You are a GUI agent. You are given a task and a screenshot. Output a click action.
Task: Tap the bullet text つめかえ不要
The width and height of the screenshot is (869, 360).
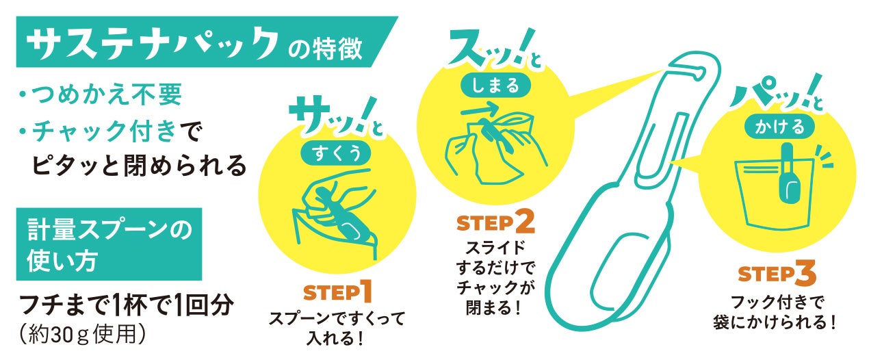pos(107,94)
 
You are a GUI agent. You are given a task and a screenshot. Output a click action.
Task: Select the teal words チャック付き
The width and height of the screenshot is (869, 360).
pos(105,131)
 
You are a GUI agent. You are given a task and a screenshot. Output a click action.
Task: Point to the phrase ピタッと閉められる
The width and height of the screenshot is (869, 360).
pos(139,165)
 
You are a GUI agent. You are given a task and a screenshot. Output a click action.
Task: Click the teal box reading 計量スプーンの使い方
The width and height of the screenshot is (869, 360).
pos(109,244)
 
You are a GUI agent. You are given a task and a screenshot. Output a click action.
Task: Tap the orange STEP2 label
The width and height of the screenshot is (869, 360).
pos(495,222)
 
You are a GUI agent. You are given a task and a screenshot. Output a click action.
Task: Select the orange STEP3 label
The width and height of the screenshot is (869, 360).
pos(777,274)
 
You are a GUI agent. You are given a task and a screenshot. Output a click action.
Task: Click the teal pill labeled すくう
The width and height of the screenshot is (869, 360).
pos(337,152)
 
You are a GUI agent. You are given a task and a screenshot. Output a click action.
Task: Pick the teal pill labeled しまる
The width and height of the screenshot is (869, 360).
pos(496,85)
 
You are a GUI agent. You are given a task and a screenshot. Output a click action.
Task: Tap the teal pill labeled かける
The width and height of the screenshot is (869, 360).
pos(779,127)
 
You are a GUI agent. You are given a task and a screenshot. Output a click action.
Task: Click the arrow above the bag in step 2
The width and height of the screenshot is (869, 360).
pos(479,109)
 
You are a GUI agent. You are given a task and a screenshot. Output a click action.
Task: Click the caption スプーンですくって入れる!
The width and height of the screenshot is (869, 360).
pos(337,329)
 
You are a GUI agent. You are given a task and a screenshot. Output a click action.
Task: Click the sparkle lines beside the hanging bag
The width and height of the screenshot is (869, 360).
pos(824,157)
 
